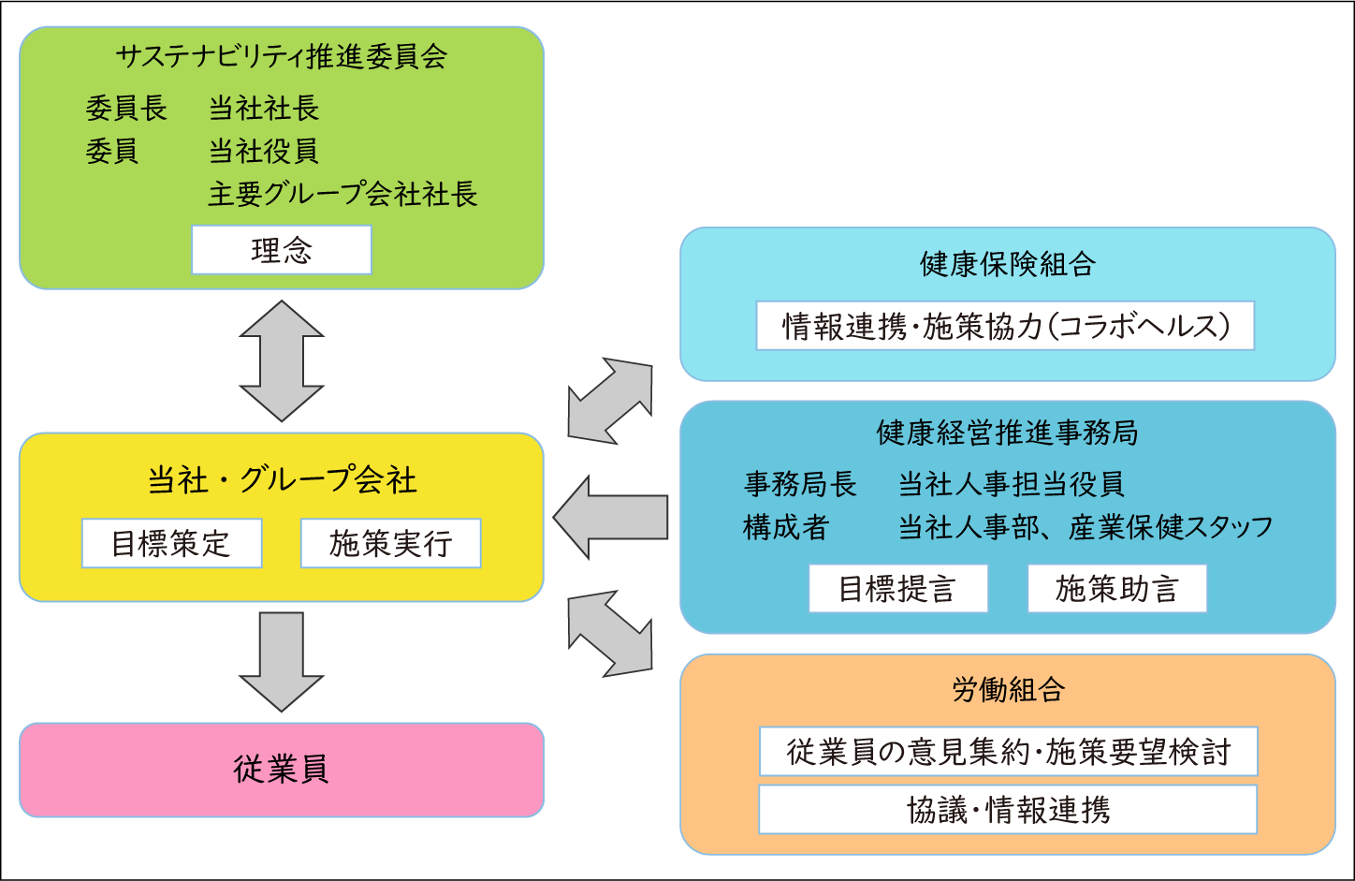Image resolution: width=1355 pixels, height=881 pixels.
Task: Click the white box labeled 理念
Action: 281,250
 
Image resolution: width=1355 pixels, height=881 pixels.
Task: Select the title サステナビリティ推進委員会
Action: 281,56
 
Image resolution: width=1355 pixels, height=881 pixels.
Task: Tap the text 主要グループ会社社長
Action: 342,194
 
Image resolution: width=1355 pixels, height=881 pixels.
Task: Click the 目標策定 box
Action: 171,543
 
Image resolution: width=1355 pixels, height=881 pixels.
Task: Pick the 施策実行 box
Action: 390,543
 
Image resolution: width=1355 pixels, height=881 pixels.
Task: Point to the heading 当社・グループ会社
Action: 281,480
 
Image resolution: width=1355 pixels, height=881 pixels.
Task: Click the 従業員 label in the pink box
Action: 281,770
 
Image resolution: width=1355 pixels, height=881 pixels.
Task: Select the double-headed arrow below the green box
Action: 281,360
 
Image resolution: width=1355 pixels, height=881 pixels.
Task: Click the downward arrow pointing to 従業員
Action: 281,660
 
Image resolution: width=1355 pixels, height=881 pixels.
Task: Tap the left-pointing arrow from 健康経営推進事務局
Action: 611,517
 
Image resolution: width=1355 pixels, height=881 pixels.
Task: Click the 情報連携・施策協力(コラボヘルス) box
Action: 1005,326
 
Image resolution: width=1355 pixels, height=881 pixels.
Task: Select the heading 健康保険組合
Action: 1007,265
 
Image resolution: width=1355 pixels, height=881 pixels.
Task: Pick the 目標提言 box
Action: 897,589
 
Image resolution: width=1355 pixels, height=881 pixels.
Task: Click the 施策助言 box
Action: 1116,589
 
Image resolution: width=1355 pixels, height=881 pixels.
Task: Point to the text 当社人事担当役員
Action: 1011,484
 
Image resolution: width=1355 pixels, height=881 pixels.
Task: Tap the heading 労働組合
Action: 1008,690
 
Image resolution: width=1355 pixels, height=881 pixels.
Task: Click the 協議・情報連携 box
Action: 1008,810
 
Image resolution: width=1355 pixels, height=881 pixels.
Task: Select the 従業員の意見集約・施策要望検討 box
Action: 1008,752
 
